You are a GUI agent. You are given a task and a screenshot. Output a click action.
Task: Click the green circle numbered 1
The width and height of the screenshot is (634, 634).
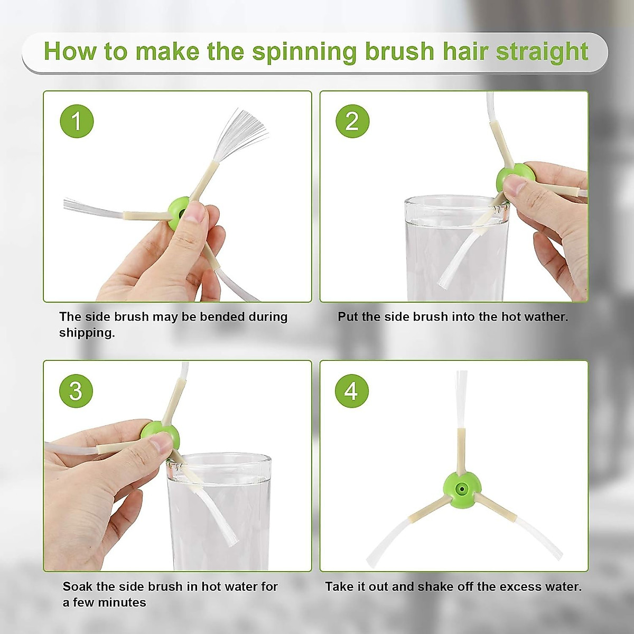[x=77, y=121]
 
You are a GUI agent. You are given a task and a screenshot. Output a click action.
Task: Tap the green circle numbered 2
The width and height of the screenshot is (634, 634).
[x=352, y=121]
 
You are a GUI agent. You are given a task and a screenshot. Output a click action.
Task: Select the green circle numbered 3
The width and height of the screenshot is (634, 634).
[x=76, y=391]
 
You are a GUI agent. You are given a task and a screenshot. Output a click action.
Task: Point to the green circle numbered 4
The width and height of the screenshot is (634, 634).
[x=352, y=391]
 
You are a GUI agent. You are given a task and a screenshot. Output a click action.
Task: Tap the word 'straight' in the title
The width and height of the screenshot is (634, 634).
[x=542, y=52]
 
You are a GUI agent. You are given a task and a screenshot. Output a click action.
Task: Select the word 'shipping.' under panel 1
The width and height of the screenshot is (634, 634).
[x=87, y=333]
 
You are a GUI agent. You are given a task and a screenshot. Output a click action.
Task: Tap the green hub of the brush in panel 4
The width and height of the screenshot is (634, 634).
[x=462, y=489]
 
